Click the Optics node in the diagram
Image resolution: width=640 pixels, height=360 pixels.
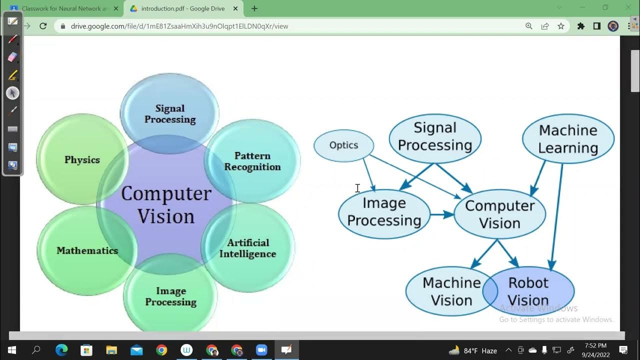343,145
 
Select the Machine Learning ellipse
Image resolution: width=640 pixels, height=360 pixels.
568,139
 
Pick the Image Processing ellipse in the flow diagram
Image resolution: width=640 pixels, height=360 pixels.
384,212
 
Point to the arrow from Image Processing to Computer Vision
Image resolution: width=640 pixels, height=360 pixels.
442,214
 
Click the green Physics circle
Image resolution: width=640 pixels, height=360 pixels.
82,160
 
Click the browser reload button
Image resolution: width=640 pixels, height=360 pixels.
43,26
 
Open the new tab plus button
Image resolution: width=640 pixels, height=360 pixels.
254,8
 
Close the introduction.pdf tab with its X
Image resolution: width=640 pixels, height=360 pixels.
235,8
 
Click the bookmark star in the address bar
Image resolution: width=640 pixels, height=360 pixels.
561,26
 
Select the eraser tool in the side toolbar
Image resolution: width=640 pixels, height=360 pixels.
13,57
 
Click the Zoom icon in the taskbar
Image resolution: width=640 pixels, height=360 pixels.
261,350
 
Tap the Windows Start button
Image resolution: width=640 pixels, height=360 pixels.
12,350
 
